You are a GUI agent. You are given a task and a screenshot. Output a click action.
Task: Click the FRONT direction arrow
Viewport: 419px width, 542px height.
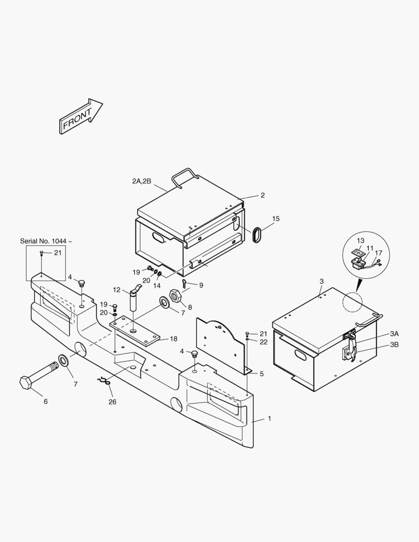coord(81,116)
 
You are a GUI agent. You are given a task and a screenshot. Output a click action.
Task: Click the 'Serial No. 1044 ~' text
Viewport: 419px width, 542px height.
coord(46,241)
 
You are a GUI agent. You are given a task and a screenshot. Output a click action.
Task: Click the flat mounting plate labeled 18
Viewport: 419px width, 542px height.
coord(135,332)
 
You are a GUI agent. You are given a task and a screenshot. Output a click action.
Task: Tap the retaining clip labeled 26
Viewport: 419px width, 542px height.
coord(103,381)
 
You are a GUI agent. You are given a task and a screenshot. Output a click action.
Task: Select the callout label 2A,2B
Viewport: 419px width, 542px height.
coord(142,181)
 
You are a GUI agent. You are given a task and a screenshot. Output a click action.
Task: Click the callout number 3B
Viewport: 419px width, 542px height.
coord(394,345)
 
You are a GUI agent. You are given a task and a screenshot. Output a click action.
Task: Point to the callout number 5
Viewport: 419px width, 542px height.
coord(262,374)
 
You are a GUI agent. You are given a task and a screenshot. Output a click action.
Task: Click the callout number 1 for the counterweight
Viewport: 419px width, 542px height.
coord(269,419)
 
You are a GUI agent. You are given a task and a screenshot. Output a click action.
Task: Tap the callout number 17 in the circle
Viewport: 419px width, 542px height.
coord(378,253)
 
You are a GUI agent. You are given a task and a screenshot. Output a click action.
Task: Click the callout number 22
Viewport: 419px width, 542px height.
coord(264,342)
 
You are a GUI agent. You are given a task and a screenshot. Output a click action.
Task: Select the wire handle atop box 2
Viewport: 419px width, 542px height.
coord(185,178)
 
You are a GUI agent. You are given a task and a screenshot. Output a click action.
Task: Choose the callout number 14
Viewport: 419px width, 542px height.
coord(157,286)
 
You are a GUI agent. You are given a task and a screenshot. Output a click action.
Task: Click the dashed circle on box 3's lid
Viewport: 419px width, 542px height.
coord(353,302)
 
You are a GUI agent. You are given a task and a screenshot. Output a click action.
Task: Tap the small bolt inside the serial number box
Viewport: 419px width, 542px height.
coord(42,254)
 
